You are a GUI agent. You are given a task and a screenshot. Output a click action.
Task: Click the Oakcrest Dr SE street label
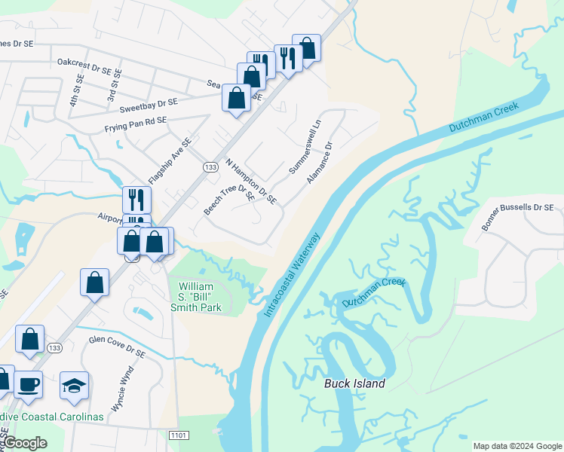(x=89, y=66)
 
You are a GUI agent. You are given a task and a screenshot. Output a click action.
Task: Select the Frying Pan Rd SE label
(x=136, y=120)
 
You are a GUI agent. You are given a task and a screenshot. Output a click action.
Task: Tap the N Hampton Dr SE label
(x=251, y=182)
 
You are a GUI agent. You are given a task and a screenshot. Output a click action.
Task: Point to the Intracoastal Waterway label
(x=292, y=275)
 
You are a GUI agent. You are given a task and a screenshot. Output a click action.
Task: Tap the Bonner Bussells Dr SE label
(x=517, y=218)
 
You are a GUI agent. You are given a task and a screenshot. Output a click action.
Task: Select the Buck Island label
(x=354, y=383)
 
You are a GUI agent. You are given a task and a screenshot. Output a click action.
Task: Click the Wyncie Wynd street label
(x=123, y=388)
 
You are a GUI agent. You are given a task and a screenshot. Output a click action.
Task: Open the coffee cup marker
(x=29, y=383)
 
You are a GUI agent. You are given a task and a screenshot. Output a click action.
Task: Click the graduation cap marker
(x=74, y=385)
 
